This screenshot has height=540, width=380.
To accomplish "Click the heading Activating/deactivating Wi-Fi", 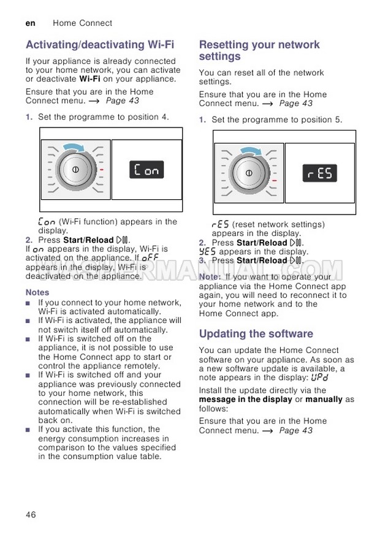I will [100, 45].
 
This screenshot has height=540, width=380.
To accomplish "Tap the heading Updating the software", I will [256, 334].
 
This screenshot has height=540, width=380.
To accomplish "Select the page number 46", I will [31, 514].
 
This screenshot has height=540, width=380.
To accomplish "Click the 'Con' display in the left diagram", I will [147, 170].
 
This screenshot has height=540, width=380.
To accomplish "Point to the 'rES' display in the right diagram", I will [320, 173].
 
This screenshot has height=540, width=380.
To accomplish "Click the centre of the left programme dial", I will [75, 169].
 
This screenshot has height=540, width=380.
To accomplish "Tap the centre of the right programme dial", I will [249, 173].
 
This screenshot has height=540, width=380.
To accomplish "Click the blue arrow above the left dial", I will [75, 146].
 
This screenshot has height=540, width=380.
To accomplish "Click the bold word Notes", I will [37, 292].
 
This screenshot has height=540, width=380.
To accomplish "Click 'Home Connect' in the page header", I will [82, 23].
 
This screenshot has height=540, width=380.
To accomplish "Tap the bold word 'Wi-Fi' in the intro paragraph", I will [90, 79].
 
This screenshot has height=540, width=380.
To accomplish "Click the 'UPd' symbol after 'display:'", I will [319, 378].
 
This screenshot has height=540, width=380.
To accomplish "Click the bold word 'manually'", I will [324, 400].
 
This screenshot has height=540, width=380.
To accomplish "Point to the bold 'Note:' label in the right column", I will [210, 277].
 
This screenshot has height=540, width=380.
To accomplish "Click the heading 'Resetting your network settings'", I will [259, 50].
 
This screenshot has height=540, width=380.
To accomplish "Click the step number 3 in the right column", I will [202, 260].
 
